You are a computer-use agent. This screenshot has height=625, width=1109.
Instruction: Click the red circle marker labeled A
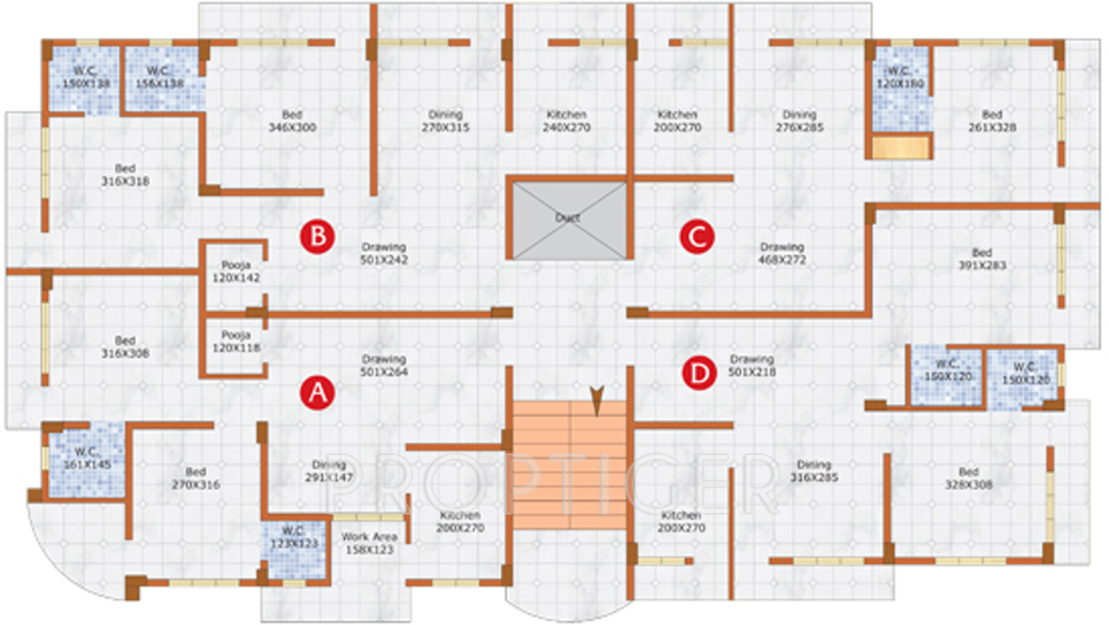pos(316,393)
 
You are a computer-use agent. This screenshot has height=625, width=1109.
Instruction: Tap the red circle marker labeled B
pos(316,237)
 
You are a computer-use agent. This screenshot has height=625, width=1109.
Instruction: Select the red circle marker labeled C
pos(697,237)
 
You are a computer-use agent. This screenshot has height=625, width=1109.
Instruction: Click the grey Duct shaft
pos(567,220)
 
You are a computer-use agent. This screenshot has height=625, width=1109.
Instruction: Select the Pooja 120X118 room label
pos(236,341)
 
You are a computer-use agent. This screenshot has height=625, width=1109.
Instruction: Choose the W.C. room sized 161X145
pos(86,459)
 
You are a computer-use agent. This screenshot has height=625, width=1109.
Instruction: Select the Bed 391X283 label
pos(981,259)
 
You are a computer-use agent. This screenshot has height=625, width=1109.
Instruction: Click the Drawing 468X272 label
pos(782,253)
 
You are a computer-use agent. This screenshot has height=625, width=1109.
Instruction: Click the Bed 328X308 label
pos(969,477)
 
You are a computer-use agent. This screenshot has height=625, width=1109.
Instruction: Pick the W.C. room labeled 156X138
pos(160,78)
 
